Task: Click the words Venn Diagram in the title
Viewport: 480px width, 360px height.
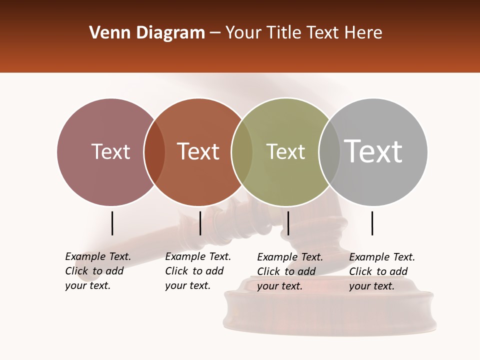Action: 147,33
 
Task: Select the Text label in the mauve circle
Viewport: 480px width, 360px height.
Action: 110,151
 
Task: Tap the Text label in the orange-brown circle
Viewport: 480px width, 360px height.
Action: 198,151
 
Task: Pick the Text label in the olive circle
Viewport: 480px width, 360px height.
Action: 285,151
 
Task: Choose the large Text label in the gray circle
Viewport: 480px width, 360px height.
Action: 373,151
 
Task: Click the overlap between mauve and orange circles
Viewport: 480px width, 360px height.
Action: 154,152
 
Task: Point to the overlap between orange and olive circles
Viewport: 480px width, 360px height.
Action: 242,152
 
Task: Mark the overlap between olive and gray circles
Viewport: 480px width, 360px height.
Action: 329,152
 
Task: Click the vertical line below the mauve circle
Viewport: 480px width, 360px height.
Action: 112,223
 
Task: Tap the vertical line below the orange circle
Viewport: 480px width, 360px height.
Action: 200,223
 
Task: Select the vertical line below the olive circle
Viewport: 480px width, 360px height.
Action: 288,223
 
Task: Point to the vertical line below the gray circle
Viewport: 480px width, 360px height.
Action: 372,223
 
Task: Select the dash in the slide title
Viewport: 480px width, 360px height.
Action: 215,33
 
